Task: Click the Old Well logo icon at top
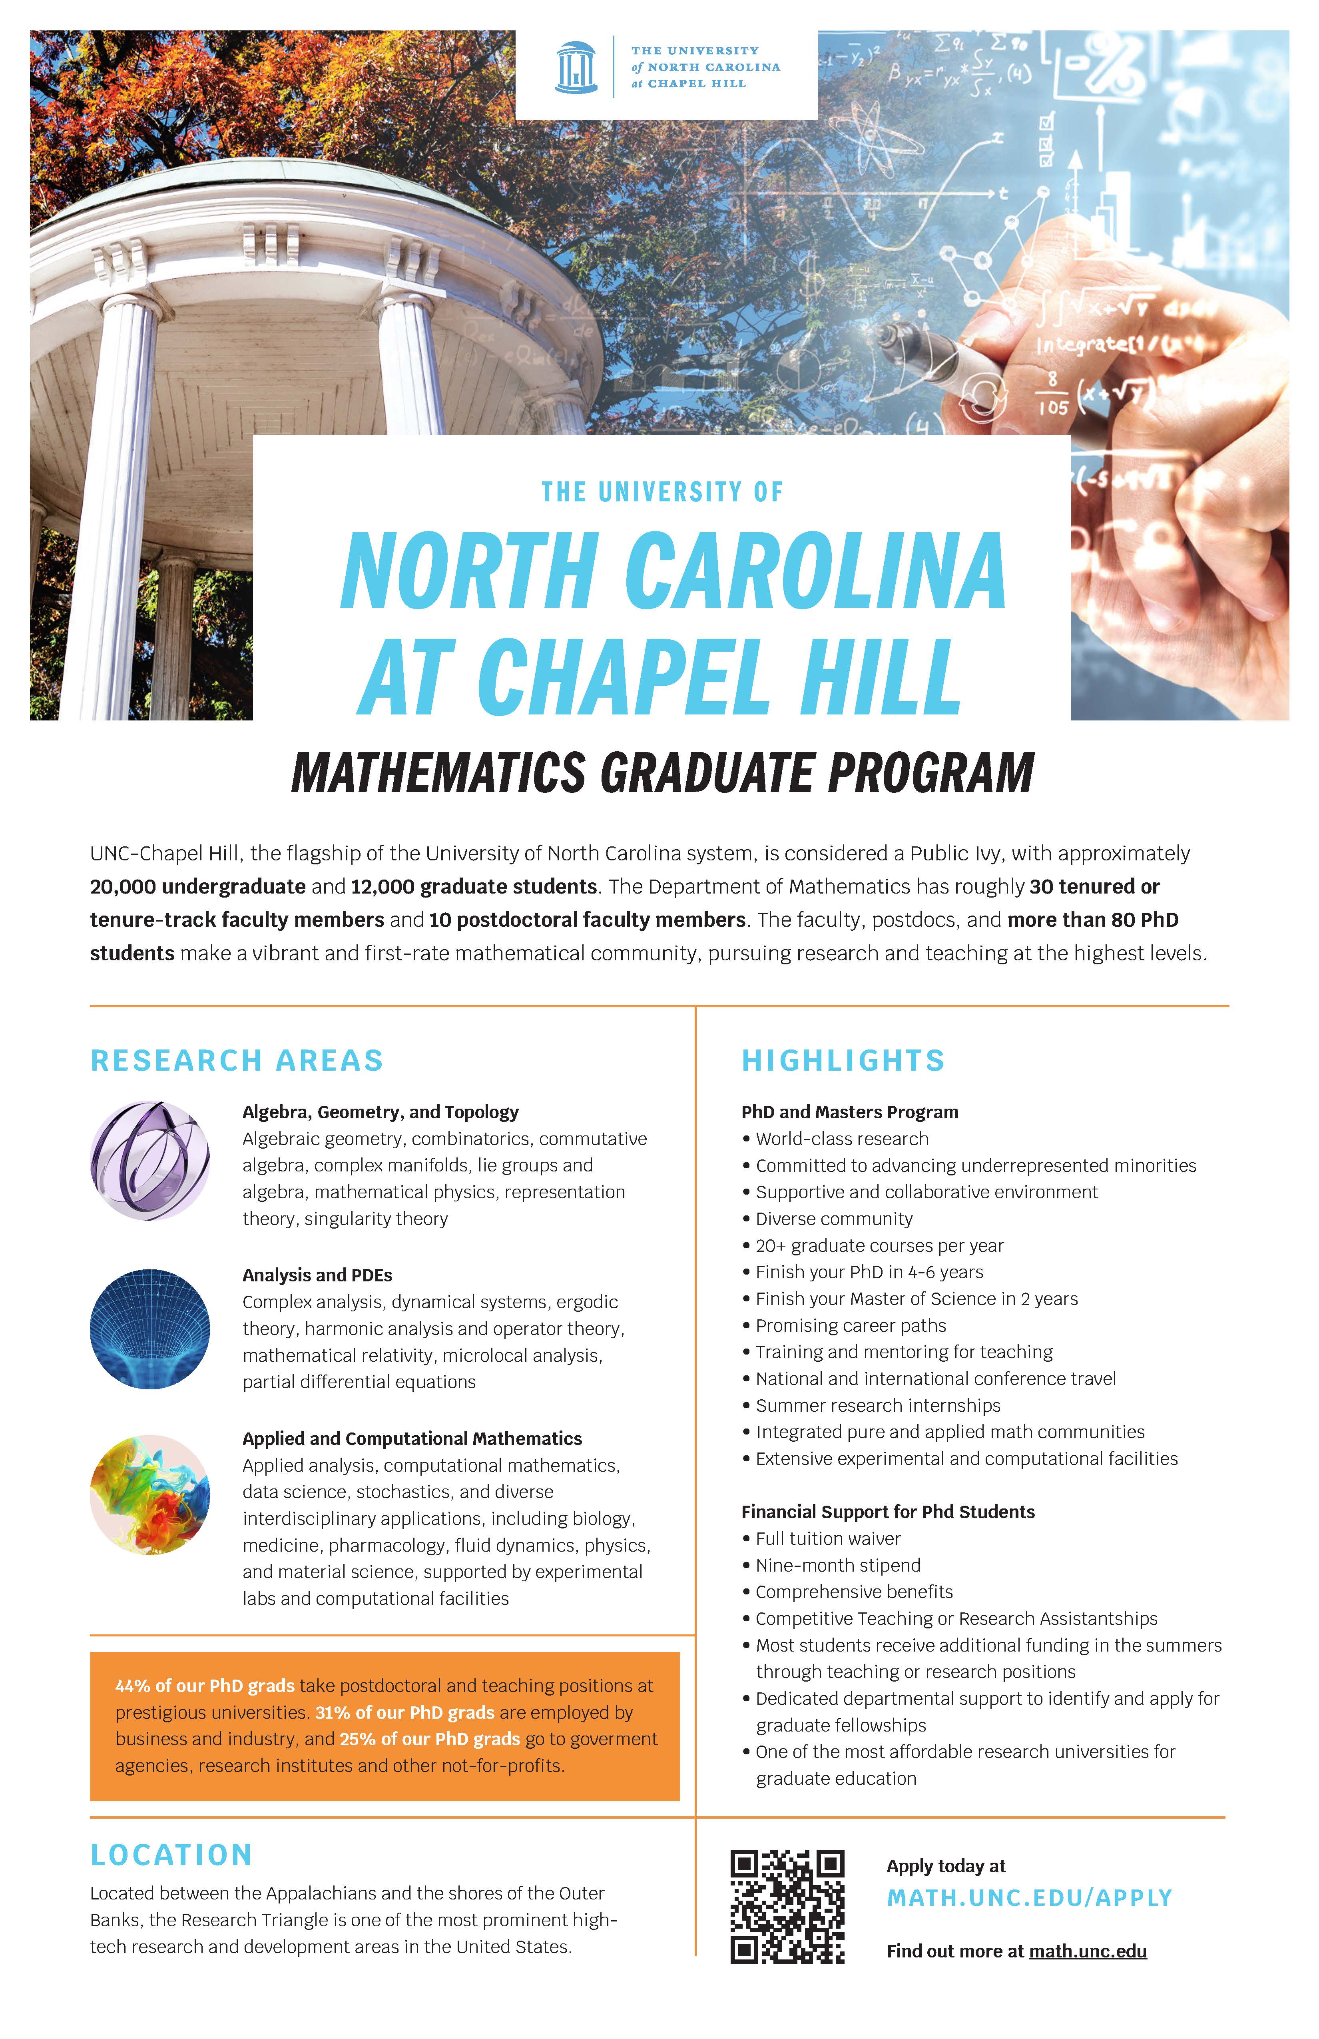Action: (576, 67)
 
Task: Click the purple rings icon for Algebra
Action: (150, 1161)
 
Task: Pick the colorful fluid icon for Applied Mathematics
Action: (150, 1495)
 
